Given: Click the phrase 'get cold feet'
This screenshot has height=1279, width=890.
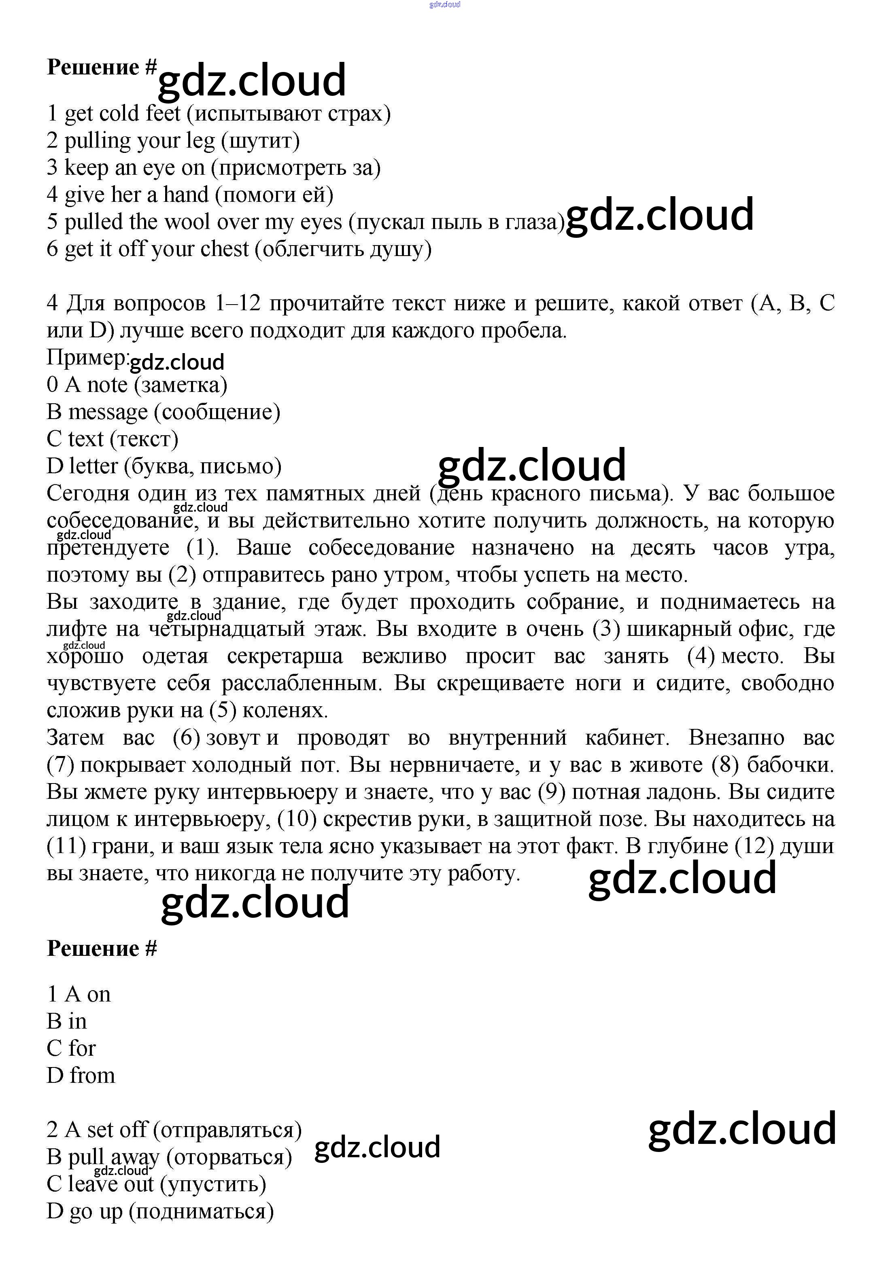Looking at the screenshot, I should (122, 114).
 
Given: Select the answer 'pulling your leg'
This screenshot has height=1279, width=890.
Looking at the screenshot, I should (139, 141).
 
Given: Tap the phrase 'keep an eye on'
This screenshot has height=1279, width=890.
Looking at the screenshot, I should (134, 168).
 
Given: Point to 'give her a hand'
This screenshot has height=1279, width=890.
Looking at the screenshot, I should (136, 195).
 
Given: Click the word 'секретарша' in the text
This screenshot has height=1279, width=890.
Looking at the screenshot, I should (285, 656).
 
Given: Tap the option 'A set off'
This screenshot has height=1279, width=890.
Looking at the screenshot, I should (106, 1130).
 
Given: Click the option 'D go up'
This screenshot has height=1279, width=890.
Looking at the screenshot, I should (84, 1211).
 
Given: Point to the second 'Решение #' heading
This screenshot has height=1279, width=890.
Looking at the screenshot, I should (102, 949).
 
